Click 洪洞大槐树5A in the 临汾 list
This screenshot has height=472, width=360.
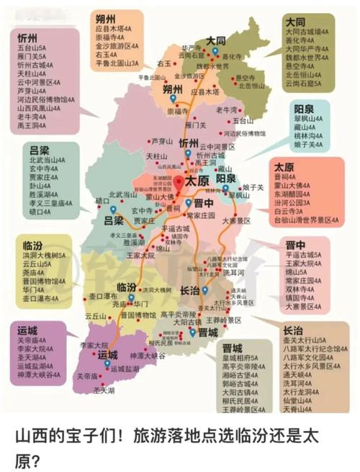click(x=44, y=255)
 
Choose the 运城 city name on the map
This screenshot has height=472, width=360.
click(x=107, y=355)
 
